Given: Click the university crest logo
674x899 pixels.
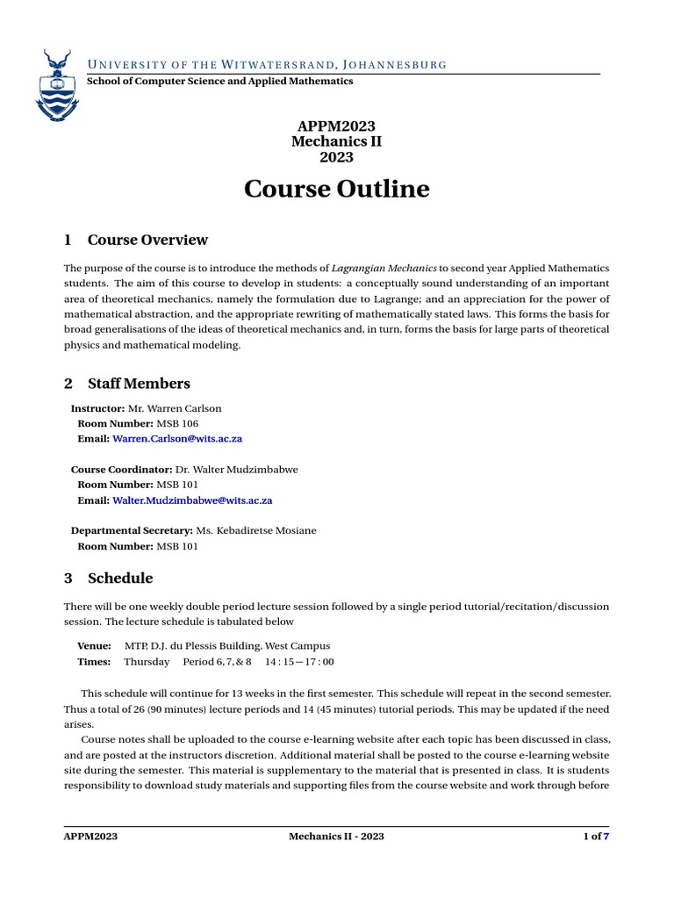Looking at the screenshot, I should pos(56,85).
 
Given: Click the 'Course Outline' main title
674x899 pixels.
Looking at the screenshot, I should pos(336,189).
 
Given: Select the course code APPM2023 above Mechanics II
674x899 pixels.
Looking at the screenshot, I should pos(336,126).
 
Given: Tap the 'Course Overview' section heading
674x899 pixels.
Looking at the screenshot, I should pos(147,240).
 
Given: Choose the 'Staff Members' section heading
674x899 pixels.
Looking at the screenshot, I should pos(139,383).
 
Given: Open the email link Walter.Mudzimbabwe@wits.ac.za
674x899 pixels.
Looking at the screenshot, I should pos(192,500).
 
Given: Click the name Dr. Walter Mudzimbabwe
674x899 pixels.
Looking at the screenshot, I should pos(236,469).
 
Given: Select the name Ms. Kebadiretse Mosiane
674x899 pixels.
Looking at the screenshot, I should pos(261,530).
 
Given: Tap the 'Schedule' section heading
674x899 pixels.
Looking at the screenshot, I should pos(120,578).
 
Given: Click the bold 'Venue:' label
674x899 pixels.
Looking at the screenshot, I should pos(94,645).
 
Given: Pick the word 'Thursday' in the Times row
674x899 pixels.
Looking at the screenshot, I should pos(147,661).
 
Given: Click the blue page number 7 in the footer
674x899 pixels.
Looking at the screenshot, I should pos(606,837).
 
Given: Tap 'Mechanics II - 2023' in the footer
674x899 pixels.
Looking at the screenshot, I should pos(336,837).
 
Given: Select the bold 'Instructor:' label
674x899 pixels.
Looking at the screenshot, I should pos(98,408).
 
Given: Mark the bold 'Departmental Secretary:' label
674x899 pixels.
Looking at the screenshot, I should pos(132,530).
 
